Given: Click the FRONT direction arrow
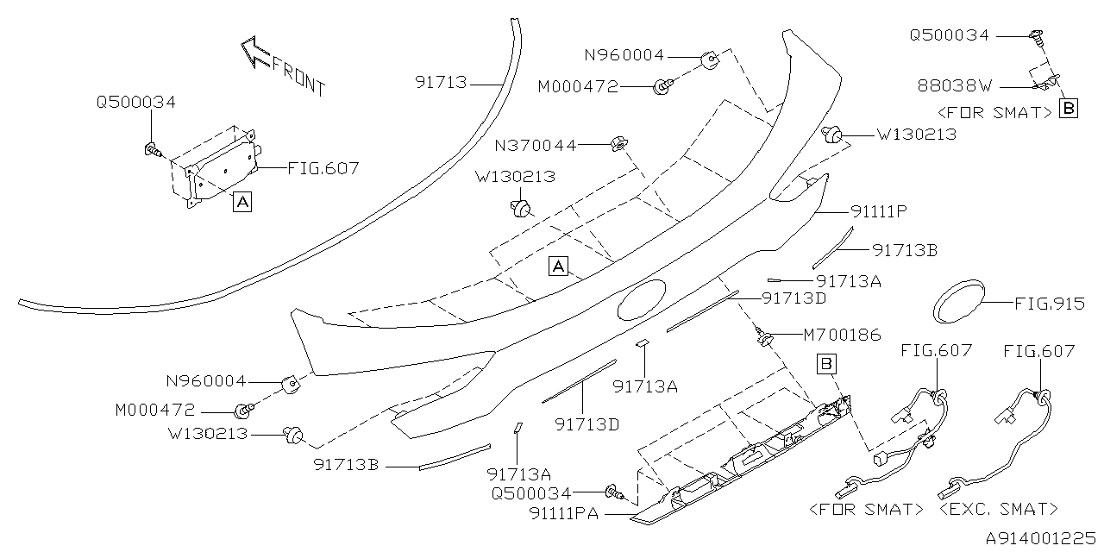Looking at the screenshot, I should pos(255,52).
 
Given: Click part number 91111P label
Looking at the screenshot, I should pos(882,210).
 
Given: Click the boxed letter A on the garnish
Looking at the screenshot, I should pos(559,267).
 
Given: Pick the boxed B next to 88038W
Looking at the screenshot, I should pos(1069,110).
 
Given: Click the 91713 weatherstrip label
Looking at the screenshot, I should pos(441,83).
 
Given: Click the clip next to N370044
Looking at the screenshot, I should pos(618,143).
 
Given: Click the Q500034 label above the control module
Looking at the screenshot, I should pos(136,103).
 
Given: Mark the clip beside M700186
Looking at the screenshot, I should pos(763,339).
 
